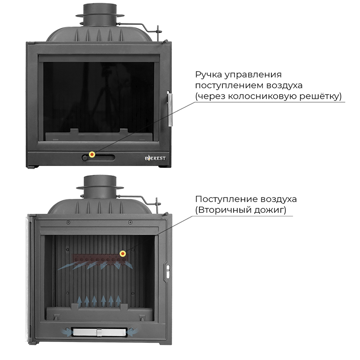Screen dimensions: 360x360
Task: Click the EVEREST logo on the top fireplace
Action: coord(155,158)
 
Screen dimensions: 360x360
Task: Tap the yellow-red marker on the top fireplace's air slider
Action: coord(92,154)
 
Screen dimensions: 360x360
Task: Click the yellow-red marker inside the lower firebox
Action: coord(123,254)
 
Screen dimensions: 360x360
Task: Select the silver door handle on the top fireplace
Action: coord(170,109)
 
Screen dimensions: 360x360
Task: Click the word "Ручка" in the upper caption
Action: coord(208,75)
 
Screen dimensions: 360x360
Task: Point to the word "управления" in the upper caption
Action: coord(253,75)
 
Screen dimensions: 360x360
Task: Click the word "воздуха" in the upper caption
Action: coord(284,85)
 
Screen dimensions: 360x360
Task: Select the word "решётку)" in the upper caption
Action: coord(320,96)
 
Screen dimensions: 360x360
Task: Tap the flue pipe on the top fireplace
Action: coord(100,15)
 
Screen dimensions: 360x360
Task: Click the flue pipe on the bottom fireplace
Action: coord(100,186)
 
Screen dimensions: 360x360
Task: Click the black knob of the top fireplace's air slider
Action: coord(85,158)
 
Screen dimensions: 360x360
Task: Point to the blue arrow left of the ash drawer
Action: coord(66,333)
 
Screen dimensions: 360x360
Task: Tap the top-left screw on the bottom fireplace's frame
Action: coord(68,222)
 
